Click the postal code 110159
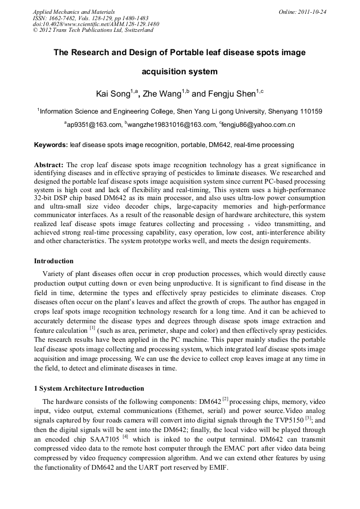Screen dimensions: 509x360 [x=308, y=111]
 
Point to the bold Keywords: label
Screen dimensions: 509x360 [x=51, y=145]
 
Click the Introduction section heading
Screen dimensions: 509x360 [x=54, y=261]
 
